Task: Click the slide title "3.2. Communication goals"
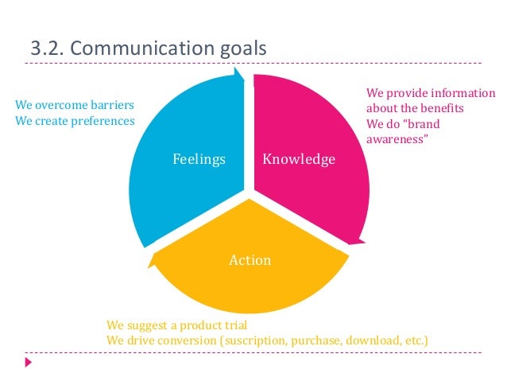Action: (148, 49)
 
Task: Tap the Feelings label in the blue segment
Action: (199, 160)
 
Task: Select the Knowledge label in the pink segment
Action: (299, 160)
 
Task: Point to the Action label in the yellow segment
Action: (250, 260)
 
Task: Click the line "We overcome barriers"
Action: (75, 105)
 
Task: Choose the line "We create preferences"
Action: (75, 120)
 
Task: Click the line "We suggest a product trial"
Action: (177, 325)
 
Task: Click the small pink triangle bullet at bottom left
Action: (29, 362)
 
